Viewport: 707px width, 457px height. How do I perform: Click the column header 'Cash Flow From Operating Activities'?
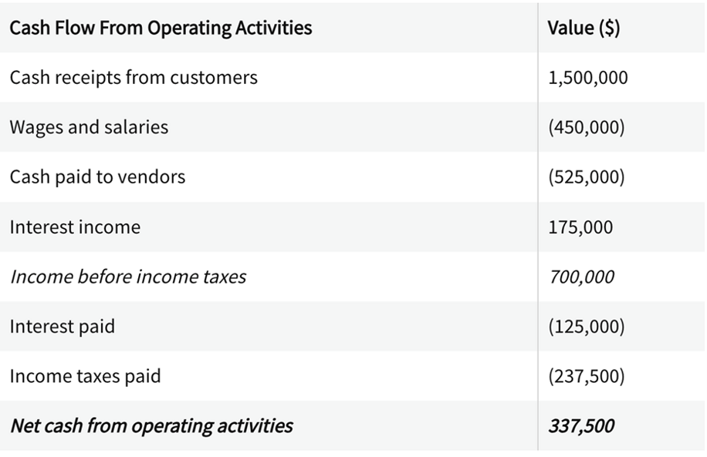pos(161,28)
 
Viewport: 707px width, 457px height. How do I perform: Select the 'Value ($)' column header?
pos(583,28)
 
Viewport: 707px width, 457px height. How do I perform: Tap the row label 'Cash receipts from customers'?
pos(134,77)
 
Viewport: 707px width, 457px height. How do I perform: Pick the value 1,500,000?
pos(587,78)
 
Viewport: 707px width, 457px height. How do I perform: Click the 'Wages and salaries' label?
pos(89,127)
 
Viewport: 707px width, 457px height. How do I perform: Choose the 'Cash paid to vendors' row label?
pos(97,176)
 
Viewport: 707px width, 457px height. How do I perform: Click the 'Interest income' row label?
pos(75,227)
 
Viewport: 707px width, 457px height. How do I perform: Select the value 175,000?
pos(580,227)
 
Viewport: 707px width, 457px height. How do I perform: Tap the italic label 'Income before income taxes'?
pos(128,277)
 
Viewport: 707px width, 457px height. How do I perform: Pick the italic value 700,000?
pos(581,277)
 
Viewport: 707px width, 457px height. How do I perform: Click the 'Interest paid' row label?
pos(62,326)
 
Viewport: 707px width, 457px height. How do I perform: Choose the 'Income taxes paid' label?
pos(85,376)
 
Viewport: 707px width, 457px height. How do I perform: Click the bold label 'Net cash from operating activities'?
pos(151,425)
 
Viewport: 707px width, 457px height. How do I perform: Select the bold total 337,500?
pos(581,425)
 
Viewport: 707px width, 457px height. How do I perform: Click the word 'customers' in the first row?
pos(219,77)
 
